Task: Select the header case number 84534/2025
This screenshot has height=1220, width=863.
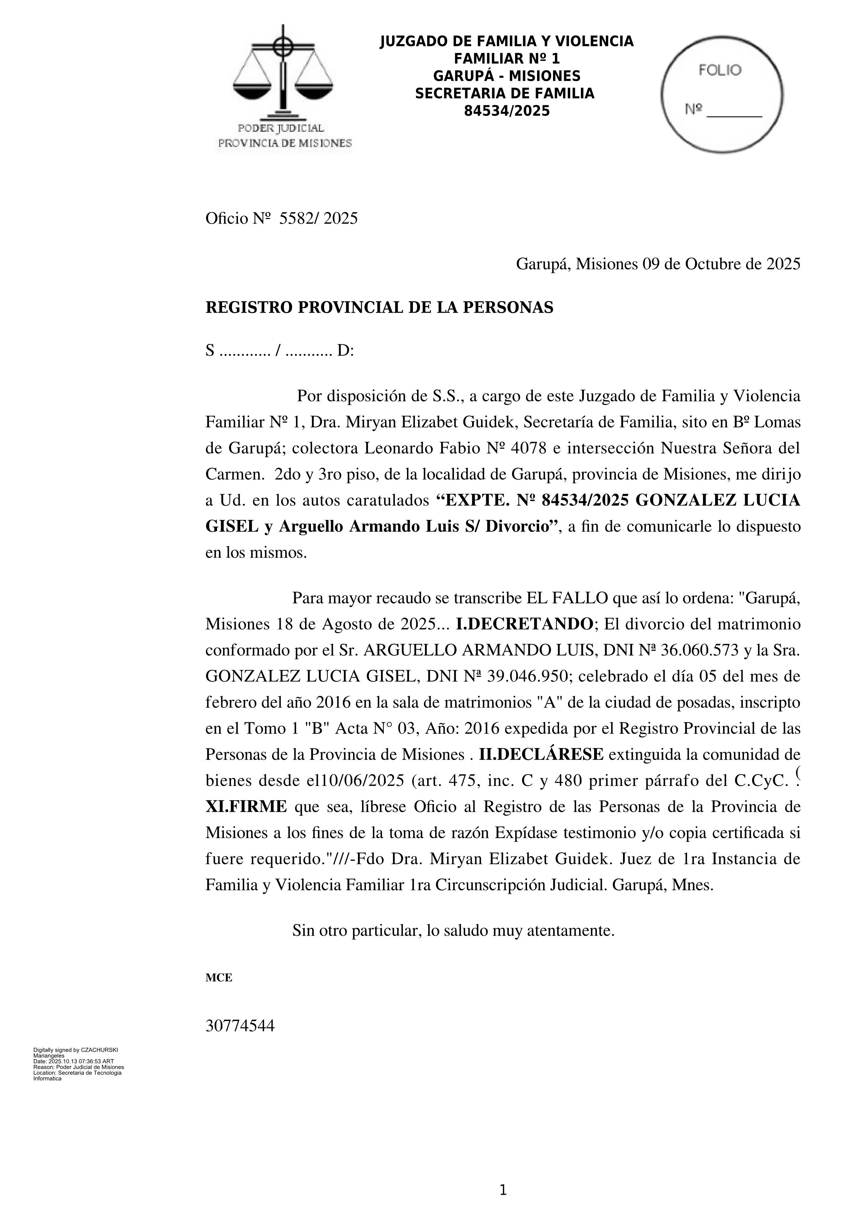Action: coord(506,111)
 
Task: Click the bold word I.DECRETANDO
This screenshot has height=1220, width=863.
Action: coord(524,624)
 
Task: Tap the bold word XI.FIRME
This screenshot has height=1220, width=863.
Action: coord(246,806)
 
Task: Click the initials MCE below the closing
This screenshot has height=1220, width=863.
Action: coord(219,978)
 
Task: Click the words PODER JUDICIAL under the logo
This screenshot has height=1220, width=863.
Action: coord(281,128)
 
